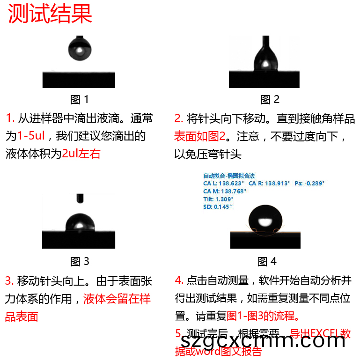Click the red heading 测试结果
point(50,14)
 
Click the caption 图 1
point(80,99)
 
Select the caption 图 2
point(270,99)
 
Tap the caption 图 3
point(80,261)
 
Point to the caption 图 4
point(267,261)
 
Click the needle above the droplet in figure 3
point(80,199)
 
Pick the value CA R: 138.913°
point(269,184)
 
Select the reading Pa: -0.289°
point(309,184)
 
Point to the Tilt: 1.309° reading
point(218,199)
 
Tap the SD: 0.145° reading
point(217,206)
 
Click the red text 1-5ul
point(31,136)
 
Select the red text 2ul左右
point(81,154)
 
